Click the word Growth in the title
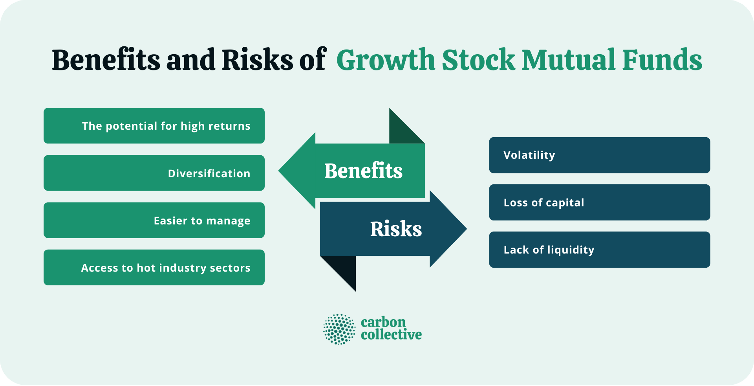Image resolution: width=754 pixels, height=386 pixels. tap(386, 60)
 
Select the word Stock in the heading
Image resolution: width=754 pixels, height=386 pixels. tap(478, 60)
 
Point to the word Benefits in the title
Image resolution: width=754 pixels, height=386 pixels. tap(106, 60)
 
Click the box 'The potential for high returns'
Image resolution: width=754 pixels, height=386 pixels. tap(154, 126)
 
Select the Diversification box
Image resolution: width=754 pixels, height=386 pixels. tap(154, 173)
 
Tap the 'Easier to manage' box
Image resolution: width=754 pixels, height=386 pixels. tap(154, 220)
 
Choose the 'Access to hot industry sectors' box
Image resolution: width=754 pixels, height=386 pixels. tap(154, 267)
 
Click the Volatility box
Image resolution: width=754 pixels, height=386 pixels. tap(599, 155)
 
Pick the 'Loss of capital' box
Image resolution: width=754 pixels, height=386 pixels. tap(599, 202)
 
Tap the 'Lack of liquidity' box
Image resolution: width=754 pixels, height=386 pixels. tap(599, 250)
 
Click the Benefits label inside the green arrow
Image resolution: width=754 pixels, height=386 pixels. tap(363, 171)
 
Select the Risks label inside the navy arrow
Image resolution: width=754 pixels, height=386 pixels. tap(396, 229)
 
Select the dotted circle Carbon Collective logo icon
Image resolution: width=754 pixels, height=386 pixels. tap(339, 329)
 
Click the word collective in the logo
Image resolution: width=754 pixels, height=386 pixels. tap(391, 335)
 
